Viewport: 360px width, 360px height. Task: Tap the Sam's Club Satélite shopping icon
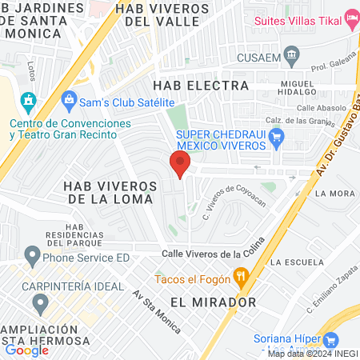point(69,102)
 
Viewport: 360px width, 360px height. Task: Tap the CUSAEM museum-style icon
point(291,57)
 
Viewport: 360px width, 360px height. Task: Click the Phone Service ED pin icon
point(32,258)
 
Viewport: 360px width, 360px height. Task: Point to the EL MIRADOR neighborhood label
point(213,302)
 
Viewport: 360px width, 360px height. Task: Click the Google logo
point(27,350)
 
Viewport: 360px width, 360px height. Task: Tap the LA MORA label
point(335,194)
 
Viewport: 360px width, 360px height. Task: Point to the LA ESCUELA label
point(296,262)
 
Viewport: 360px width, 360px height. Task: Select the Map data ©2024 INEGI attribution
point(312,354)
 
